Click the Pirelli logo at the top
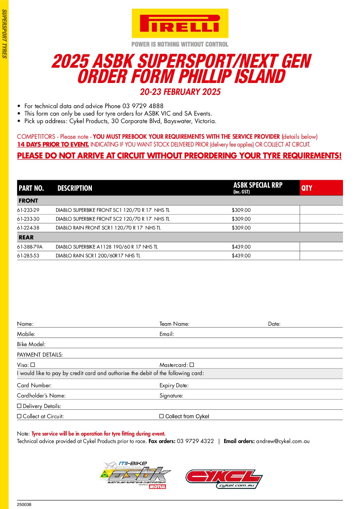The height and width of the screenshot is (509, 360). tap(180, 23)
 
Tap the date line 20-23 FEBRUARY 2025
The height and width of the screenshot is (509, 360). tap(180, 92)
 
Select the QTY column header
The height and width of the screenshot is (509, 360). tap(307, 188)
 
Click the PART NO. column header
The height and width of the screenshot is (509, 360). tap(31, 188)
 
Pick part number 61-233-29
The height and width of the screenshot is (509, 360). tap(28, 210)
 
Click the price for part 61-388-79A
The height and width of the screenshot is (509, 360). tap(241, 247)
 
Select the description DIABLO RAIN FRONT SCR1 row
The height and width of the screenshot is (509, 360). tap(108, 228)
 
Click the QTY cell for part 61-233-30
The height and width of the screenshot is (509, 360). tap(321, 219)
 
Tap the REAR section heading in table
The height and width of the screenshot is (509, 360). tap(26, 237)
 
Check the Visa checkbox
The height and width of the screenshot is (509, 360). tap(33, 365)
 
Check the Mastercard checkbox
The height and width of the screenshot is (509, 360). tap(192, 365)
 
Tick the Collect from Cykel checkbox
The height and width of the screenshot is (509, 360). tap(162, 416)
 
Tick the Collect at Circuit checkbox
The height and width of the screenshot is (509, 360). tap(19, 416)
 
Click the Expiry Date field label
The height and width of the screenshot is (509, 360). tap(174, 386)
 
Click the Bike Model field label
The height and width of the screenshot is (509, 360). tap(31, 344)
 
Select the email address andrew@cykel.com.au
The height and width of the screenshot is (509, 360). tap(283, 441)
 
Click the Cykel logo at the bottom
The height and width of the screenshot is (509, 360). tap(224, 479)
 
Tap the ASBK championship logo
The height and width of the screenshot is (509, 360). tap(135, 475)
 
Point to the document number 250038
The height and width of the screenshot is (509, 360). tap(24, 505)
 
